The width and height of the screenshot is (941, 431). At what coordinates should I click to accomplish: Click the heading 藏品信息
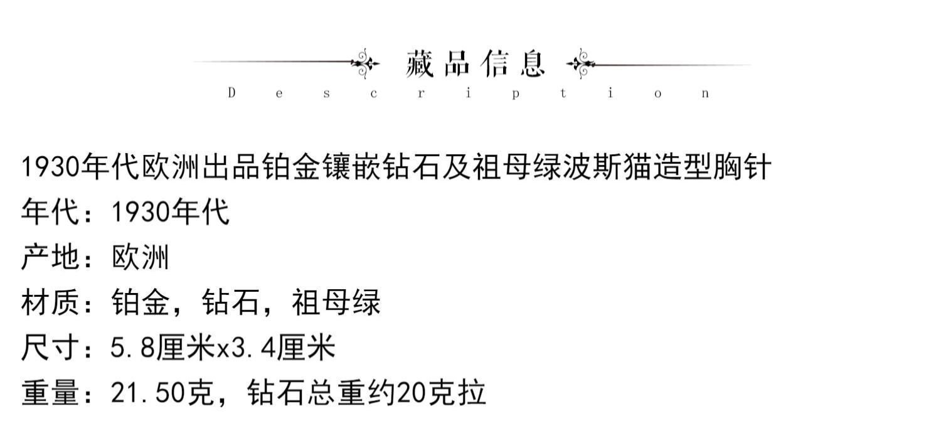tap(476, 63)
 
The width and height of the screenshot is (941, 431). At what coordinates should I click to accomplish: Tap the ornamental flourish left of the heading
tap(365, 63)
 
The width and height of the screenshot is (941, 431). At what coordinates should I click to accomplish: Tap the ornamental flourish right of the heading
tap(580, 63)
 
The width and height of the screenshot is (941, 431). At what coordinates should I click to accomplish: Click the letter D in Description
tap(231, 93)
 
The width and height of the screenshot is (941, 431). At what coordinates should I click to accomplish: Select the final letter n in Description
tap(706, 94)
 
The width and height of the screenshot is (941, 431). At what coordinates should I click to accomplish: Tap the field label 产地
tap(50, 258)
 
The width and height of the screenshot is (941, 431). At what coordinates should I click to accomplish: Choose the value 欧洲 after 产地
tap(141, 258)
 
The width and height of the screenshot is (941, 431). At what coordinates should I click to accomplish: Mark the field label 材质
tap(50, 304)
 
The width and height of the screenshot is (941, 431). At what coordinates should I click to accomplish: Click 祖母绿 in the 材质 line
tap(336, 304)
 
